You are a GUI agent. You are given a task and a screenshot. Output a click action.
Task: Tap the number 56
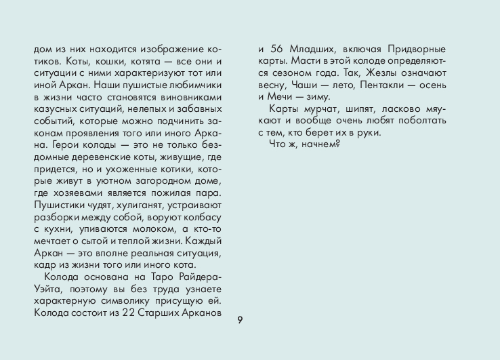pyautogui.click(x=277, y=49)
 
